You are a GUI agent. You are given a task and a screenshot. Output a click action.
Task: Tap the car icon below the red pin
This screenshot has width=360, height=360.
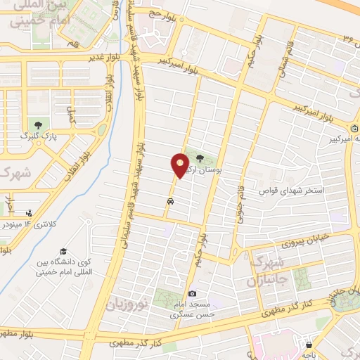pyautogui.click(x=171, y=201)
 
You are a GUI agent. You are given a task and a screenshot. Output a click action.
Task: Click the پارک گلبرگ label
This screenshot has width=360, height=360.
pyautogui.click(x=32, y=134)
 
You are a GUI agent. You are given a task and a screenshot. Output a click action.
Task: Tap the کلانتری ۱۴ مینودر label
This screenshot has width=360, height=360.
pyautogui.click(x=29, y=224)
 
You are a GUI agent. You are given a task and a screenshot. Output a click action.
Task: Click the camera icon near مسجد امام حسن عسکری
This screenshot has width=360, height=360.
pyautogui.click(x=192, y=293)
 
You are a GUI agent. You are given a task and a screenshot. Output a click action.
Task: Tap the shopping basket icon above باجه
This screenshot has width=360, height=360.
pyautogui.click(x=309, y=345)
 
